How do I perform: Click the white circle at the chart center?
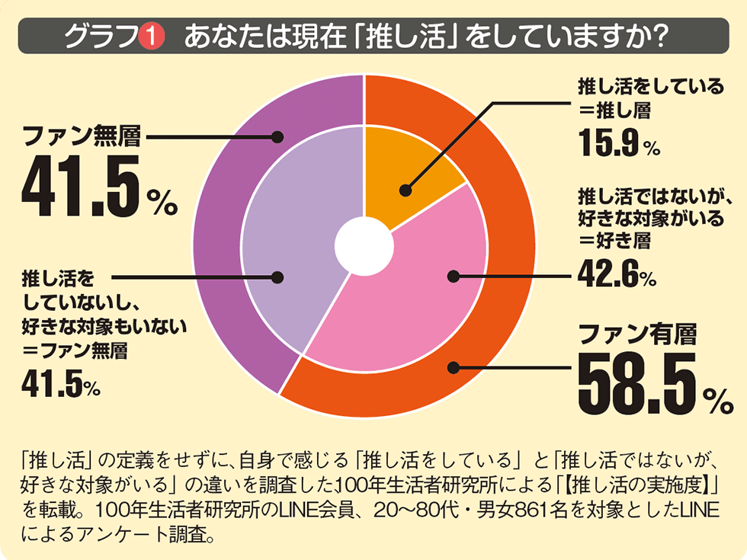pyautogui.click(x=364, y=245)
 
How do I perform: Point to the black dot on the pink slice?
pyautogui.click(x=453, y=276)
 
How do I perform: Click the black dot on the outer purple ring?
pyautogui.click(x=277, y=138)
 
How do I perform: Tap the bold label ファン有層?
pyautogui.click(x=627, y=334)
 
